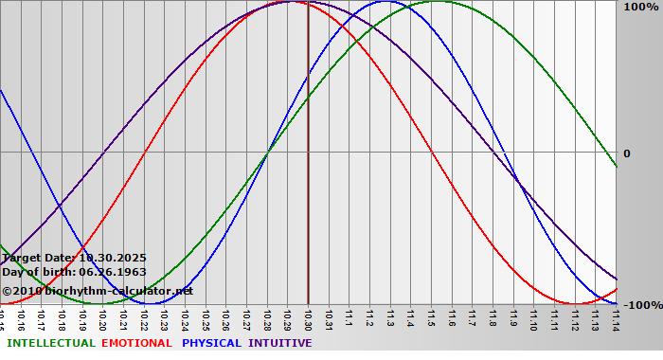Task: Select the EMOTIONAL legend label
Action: coord(136,343)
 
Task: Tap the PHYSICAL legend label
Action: coord(213,343)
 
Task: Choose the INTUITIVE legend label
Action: coord(280,343)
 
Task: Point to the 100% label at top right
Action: coord(639,8)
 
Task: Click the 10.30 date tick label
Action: coord(308,318)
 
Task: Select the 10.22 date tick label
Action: coord(144,318)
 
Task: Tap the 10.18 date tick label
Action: coord(62,318)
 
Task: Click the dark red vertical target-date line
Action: coord(308,189)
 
